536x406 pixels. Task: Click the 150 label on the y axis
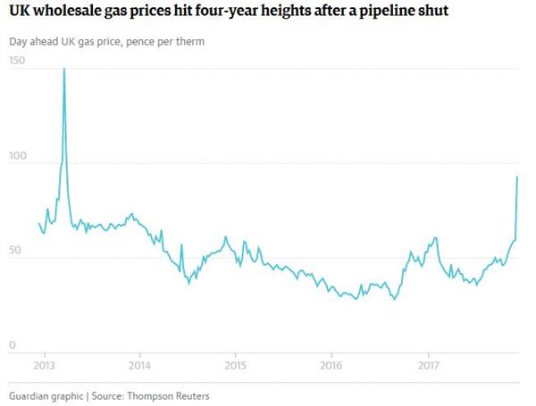pyautogui.click(x=18, y=61)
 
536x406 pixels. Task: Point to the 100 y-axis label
pyautogui.click(x=18, y=156)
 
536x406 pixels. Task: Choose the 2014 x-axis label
pyautogui.click(x=139, y=365)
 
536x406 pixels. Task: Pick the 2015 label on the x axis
pyautogui.click(x=235, y=365)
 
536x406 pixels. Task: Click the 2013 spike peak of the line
pyautogui.click(x=64, y=69)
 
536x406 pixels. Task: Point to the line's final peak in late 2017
pyautogui.click(x=517, y=177)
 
